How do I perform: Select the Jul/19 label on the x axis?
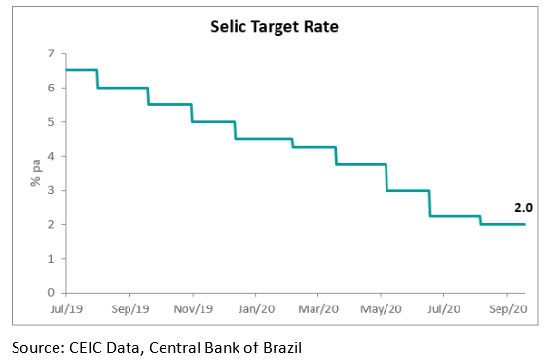pos(66,308)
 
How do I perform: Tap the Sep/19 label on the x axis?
pos(129,308)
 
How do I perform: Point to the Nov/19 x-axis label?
pos(193,308)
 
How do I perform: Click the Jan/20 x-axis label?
pos(255,308)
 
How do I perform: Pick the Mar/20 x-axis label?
pos(317,308)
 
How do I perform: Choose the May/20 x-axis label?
pos(381,308)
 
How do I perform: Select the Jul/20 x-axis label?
pos(443,308)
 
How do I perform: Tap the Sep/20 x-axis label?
pos(506,308)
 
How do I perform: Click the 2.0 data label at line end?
pos(524,207)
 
